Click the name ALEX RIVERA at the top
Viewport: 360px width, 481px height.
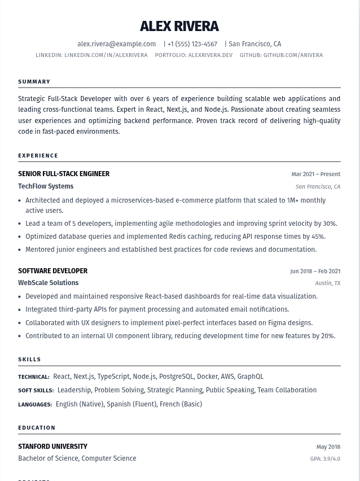pyautogui.click(x=179, y=27)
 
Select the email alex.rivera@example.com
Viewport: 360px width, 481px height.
pyautogui.click(x=116, y=44)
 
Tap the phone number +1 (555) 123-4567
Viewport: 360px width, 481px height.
pyautogui.click(x=192, y=44)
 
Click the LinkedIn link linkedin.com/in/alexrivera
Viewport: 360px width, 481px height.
pyautogui.click(x=106, y=55)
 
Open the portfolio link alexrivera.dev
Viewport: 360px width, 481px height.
pyautogui.click(x=210, y=55)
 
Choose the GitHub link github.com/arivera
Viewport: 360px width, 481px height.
pyautogui.click(x=293, y=55)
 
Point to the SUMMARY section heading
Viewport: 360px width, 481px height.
pyautogui.click(x=34, y=82)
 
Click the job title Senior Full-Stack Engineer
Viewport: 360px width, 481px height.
pyautogui.click(x=64, y=174)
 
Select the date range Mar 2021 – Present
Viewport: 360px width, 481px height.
pyautogui.click(x=315, y=174)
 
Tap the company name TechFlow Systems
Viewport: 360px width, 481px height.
pyautogui.click(x=46, y=186)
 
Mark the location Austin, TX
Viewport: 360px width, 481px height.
pyautogui.click(x=327, y=283)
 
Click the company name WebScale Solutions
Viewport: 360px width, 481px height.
pyautogui.click(x=48, y=283)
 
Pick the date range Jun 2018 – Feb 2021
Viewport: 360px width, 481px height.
pyautogui.click(x=315, y=272)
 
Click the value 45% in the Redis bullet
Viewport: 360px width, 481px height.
pyautogui.click(x=318, y=237)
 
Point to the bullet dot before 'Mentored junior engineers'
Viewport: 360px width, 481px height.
pyautogui.click(x=20, y=250)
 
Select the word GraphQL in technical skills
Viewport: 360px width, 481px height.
pyautogui.click(x=250, y=377)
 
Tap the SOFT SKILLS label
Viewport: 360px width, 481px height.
pyautogui.click(x=36, y=391)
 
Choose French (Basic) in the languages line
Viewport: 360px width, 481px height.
pyautogui.click(x=181, y=404)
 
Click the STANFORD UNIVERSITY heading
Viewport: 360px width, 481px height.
pyautogui.click(x=52, y=447)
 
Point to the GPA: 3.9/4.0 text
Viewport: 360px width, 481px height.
pyautogui.click(x=325, y=459)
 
